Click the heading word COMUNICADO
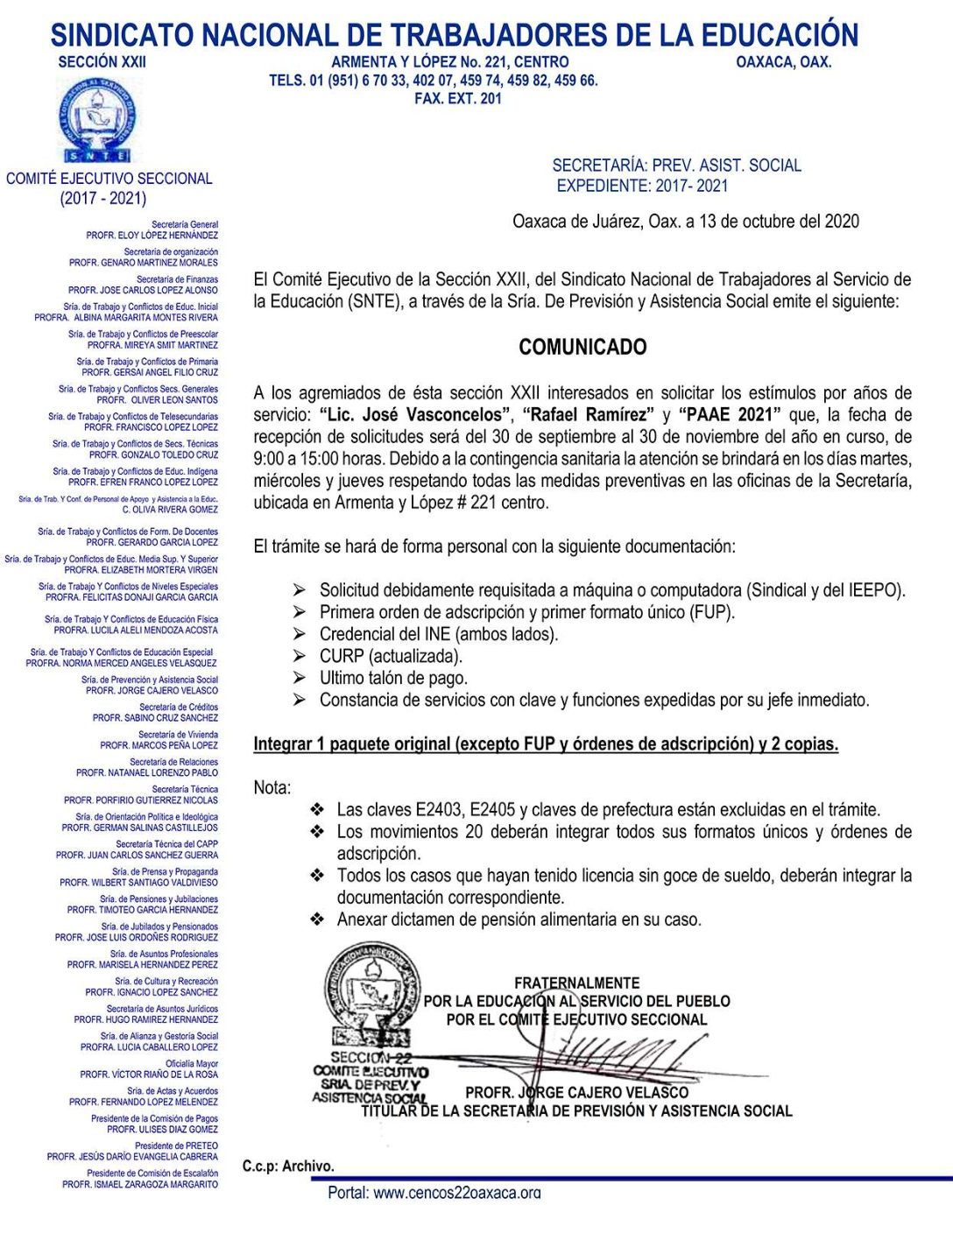click(582, 347)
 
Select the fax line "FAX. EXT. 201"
click(458, 99)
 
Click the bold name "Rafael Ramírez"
click(585, 414)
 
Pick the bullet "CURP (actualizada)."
click(391, 656)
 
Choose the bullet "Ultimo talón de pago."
click(393, 678)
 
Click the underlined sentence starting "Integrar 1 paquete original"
click(546, 743)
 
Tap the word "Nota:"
click(272, 787)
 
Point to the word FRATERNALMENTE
click(576, 983)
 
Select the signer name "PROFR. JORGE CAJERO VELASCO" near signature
click(576, 1092)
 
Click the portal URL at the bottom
click(434, 1192)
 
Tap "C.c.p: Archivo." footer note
click(288, 1166)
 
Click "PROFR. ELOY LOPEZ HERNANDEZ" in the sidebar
click(152, 236)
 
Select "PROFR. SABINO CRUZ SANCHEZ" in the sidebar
click(156, 718)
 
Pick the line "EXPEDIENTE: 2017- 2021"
click(642, 186)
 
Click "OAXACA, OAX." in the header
click(783, 62)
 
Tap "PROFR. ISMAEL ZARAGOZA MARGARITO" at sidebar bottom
click(140, 1184)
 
